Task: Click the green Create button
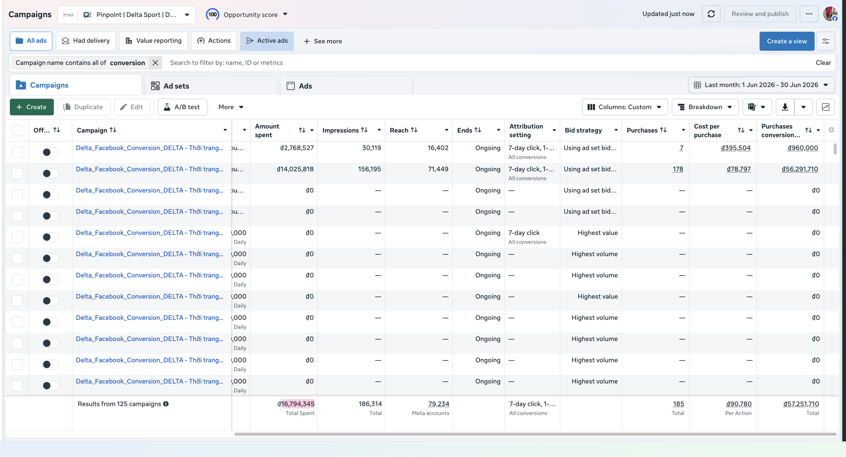tap(31, 107)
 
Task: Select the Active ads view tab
tap(267, 41)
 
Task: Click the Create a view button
tap(787, 41)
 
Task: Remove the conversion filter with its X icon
tap(155, 62)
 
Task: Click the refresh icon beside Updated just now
tap(711, 14)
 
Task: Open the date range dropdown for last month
tap(761, 85)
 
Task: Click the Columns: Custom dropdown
tap(625, 107)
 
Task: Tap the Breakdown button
tap(705, 107)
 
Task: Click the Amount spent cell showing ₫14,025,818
tap(295, 169)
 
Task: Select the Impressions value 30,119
tap(371, 148)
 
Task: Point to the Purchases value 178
tap(677, 169)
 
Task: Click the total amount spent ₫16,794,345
tap(296, 403)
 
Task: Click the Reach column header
tap(399, 130)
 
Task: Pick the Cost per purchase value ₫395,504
tap(736, 148)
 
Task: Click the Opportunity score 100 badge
tap(213, 14)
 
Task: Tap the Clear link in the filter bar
tap(823, 62)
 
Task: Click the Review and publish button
tap(760, 14)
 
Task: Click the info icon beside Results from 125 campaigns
tap(166, 403)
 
